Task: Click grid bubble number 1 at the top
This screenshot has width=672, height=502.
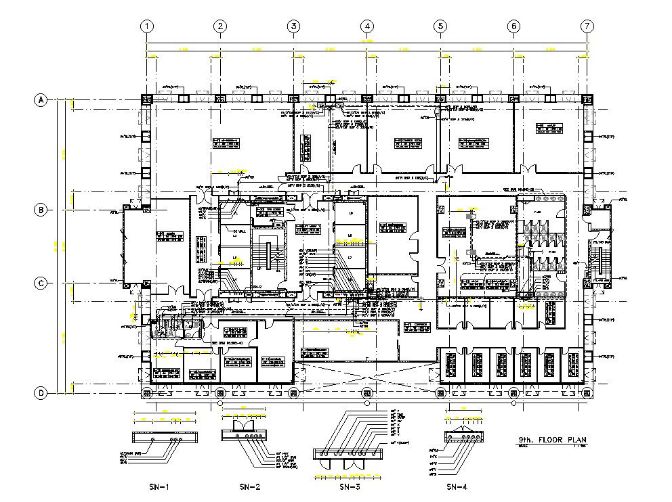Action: click(x=146, y=26)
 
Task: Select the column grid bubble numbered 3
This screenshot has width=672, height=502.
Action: click(x=293, y=26)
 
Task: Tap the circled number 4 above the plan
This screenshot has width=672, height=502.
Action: click(x=366, y=26)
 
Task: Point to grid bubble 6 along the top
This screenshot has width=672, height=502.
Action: click(x=513, y=26)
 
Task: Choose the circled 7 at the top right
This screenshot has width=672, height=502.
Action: click(x=587, y=26)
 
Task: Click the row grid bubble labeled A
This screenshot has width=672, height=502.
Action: click(x=41, y=100)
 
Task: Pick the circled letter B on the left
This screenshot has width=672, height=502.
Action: click(x=41, y=210)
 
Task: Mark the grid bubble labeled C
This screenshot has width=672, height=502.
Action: click(x=41, y=283)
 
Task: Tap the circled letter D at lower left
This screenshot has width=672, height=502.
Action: click(x=41, y=393)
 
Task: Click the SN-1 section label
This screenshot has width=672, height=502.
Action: click(x=159, y=486)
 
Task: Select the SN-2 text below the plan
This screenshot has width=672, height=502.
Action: click(x=250, y=486)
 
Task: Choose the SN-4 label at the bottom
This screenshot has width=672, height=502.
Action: click(x=457, y=486)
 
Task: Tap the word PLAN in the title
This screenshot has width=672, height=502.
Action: click(x=576, y=440)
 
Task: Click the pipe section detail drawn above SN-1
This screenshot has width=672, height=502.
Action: click(x=165, y=439)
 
